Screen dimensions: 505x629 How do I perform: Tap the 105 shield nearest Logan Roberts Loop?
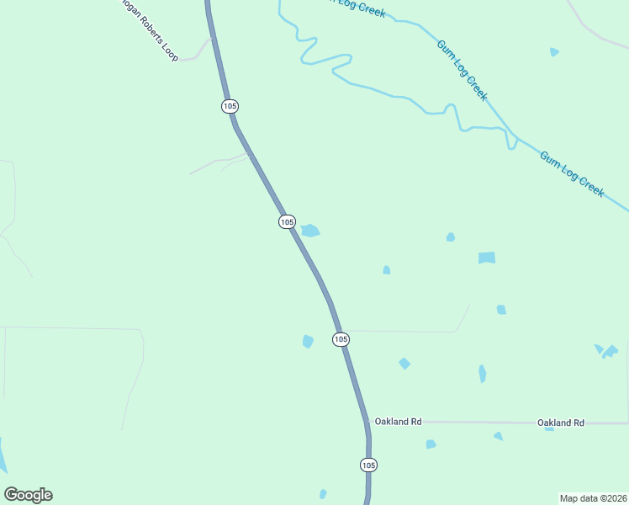point(230,106)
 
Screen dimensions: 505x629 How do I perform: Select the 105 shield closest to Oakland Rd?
point(368,465)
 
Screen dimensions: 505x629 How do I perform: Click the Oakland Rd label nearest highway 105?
point(398,421)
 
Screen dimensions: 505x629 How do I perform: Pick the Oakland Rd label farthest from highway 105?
point(561,423)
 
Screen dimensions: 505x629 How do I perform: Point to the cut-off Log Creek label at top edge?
point(357,7)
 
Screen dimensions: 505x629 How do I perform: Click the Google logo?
point(28,495)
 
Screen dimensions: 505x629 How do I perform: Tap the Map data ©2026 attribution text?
point(593,498)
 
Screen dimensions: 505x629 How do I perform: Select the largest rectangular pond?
point(487,258)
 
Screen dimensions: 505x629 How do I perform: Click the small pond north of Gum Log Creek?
point(554,52)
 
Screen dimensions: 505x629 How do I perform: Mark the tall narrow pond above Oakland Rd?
point(483,374)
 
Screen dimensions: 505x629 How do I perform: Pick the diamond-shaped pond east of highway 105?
point(404,364)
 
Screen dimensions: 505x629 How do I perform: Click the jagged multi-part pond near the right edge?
point(607,350)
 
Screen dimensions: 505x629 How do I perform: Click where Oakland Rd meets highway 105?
point(367,421)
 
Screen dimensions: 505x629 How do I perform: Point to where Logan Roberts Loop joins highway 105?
point(212,38)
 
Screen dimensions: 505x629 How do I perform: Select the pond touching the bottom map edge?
point(323,494)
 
